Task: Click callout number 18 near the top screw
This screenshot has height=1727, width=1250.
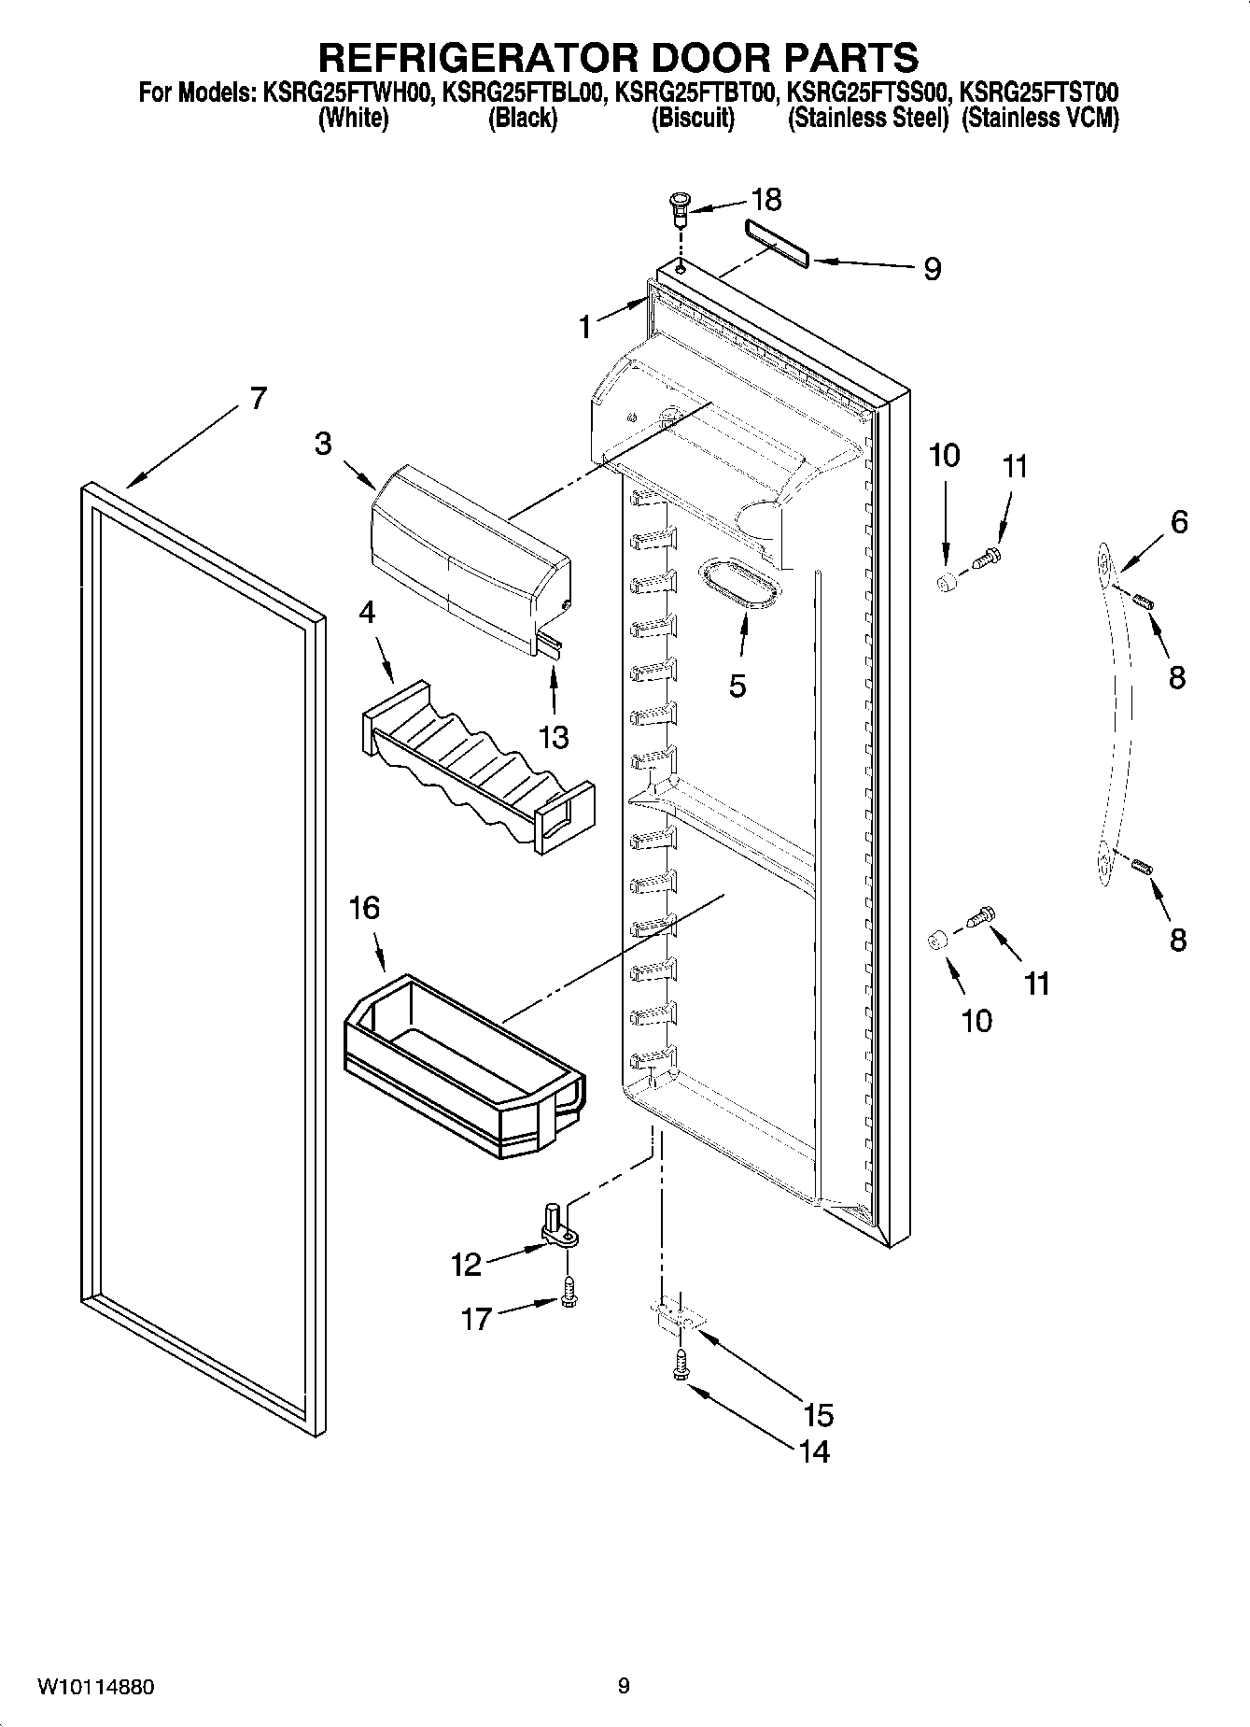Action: (766, 200)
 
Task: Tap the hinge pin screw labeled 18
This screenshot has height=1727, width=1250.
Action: (679, 209)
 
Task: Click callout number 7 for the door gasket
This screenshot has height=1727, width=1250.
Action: (259, 398)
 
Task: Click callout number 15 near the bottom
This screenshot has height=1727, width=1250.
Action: (818, 1414)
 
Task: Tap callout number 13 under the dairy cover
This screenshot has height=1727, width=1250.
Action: (554, 737)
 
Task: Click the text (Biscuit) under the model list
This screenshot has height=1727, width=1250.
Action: (693, 119)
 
